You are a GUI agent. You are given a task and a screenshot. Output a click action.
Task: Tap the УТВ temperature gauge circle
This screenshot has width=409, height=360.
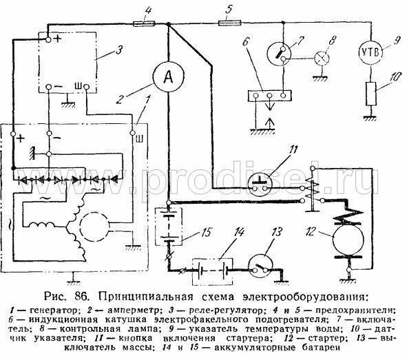(x=370, y=52)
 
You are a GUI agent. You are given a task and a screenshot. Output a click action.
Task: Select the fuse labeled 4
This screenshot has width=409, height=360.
(x=144, y=24)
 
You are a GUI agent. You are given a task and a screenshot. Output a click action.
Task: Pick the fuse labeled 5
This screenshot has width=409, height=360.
(x=229, y=24)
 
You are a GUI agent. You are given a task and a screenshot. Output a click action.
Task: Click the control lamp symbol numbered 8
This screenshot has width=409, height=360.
(x=322, y=58)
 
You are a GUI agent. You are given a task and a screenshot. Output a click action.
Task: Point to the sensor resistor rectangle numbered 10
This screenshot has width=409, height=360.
(x=371, y=94)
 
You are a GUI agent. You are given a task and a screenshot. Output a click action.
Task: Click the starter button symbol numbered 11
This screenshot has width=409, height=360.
(x=260, y=185)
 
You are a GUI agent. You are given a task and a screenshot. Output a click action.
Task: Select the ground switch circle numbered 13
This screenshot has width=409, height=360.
(x=260, y=269)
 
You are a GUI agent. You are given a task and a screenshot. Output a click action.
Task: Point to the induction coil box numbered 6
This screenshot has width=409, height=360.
(x=269, y=96)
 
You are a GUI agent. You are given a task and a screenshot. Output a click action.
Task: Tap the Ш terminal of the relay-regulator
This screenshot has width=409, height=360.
(x=86, y=87)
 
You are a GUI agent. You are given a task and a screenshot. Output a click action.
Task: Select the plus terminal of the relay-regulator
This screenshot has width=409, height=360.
(x=48, y=40)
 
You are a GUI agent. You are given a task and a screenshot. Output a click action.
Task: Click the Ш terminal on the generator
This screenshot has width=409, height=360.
(x=132, y=134)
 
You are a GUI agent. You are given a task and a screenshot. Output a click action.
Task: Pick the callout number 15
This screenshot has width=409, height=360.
(x=207, y=232)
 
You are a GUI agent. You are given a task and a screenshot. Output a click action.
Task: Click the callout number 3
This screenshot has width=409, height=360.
(x=119, y=50)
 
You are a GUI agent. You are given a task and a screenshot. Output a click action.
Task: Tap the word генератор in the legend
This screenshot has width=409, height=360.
(x=54, y=310)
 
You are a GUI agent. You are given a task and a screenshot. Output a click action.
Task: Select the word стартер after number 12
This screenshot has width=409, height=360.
(x=326, y=339)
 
